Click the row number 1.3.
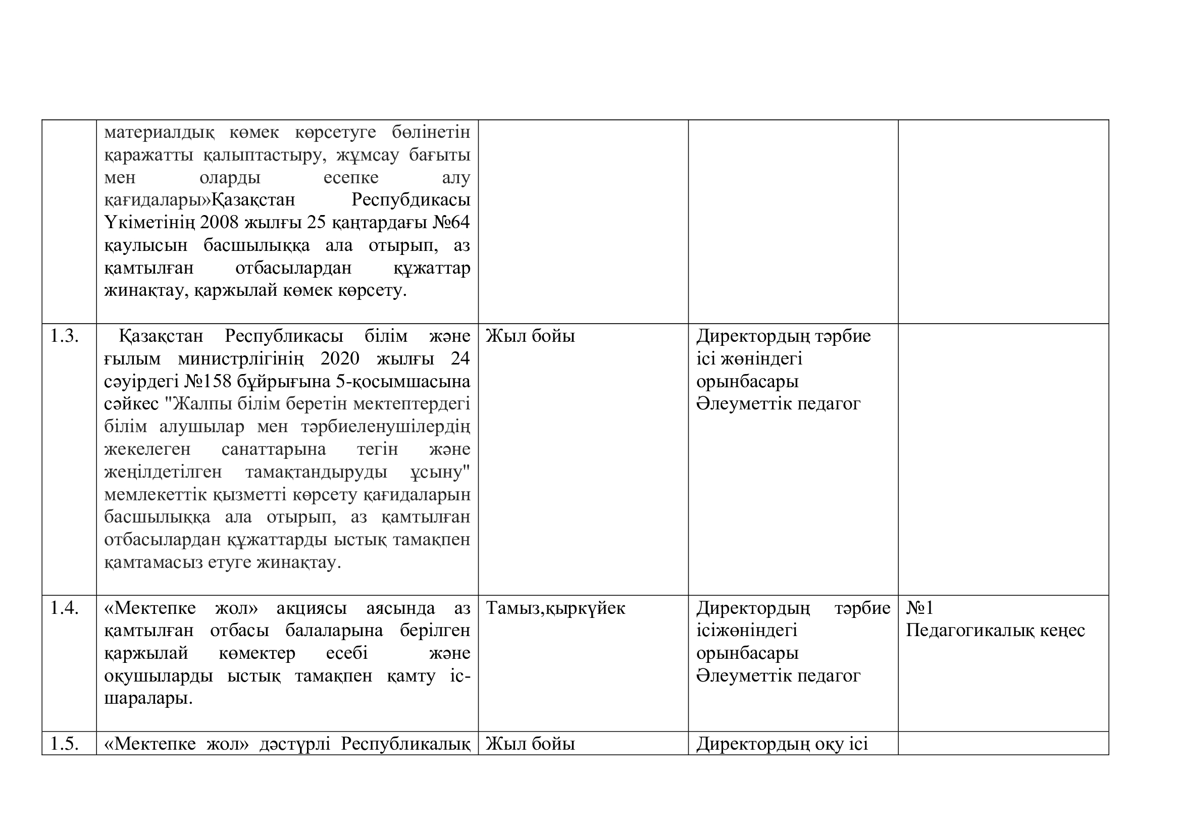point(64,336)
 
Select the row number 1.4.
point(64,608)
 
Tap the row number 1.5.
point(64,744)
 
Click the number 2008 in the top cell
point(219,223)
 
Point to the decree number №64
point(451,223)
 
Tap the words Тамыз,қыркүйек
point(555,608)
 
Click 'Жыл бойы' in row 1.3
point(530,336)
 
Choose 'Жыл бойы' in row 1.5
point(530,744)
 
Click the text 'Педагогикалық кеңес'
point(995,631)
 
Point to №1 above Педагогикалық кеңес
point(919,608)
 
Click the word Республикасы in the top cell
point(410,200)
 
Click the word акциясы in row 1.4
point(312,608)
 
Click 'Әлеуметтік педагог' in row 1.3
point(778,404)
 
